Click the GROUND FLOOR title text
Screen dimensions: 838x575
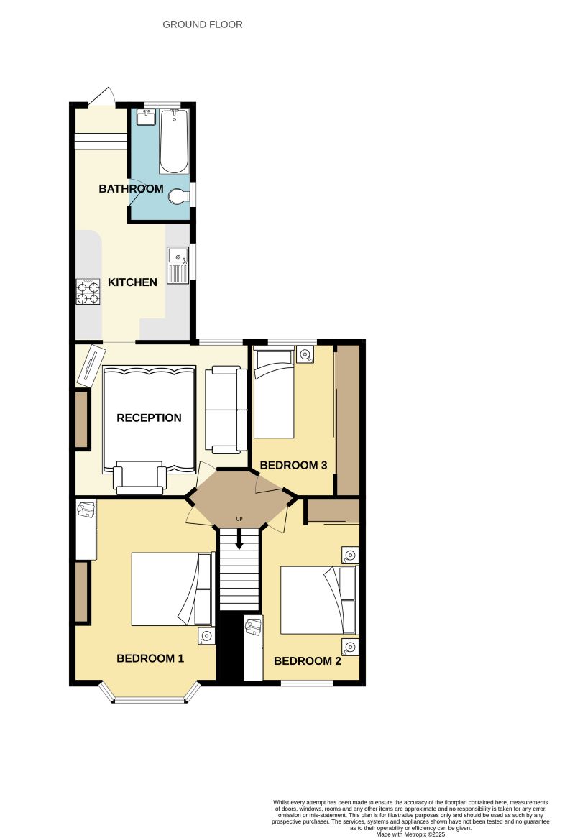tap(203, 24)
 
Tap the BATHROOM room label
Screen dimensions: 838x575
tap(131, 189)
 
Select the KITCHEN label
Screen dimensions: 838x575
tap(132, 282)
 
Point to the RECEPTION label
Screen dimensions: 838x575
tap(149, 418)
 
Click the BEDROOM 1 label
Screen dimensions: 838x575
tap(150, 658)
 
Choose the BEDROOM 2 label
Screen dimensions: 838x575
tap(307, 661)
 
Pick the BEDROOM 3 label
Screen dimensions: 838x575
tap(293, 466)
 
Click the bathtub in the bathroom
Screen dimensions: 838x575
tap(173, 141)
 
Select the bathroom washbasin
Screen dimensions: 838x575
tap(147, 116)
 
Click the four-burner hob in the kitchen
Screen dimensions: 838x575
tap(88, 291)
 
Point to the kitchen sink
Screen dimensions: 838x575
tap(177, 264)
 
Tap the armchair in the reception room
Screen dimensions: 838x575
tap(139, 478)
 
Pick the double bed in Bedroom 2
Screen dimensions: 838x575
tap(318, 600)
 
